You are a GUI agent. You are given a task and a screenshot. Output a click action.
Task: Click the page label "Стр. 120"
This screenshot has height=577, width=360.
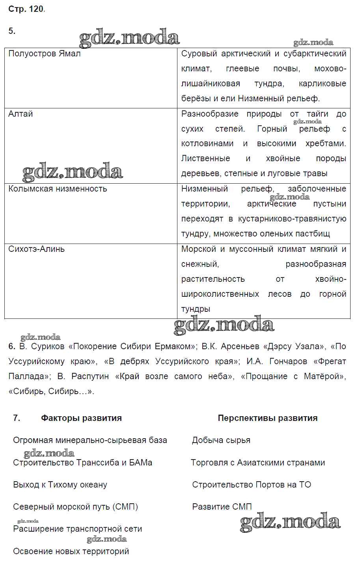tap(26, 9)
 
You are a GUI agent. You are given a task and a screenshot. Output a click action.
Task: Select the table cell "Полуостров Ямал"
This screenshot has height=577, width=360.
tap(44, 54)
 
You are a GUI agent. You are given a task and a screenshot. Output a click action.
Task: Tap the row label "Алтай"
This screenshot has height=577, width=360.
tap(21, 114)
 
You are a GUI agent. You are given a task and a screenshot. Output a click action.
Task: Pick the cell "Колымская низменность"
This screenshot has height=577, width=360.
tap(58, 189)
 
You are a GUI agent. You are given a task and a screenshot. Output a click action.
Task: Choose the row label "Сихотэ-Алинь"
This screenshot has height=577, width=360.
tap(36, 249)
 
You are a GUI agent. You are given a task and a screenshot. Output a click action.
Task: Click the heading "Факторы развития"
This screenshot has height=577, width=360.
tap(81, 418)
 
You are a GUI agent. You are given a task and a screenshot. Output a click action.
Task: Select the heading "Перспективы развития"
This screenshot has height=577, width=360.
tap(267, 418)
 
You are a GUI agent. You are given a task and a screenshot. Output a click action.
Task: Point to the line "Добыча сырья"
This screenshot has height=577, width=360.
tap(221, 440)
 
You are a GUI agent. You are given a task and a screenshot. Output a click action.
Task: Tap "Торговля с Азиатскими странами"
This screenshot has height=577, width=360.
tap(258, 463)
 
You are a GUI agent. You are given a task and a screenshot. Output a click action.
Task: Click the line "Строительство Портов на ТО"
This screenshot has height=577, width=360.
tap(251, 485)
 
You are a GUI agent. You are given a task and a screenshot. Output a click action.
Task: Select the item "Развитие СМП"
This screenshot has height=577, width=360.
tap(222, 507)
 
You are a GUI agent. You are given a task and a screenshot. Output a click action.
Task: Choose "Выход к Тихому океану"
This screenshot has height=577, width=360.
tap(60, 485)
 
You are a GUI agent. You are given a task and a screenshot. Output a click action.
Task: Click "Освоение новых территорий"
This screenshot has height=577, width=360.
tap(71, 551)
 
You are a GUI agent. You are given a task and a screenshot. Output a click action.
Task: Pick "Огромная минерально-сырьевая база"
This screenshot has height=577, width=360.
tap(90, 440)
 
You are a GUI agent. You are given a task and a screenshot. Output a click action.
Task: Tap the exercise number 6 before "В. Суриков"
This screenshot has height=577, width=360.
tap(11, 346)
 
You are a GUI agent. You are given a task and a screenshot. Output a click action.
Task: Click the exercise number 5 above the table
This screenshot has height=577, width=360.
tap(11, 31)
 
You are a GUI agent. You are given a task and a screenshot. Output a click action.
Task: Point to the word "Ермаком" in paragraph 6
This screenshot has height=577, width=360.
tap(174, 346)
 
